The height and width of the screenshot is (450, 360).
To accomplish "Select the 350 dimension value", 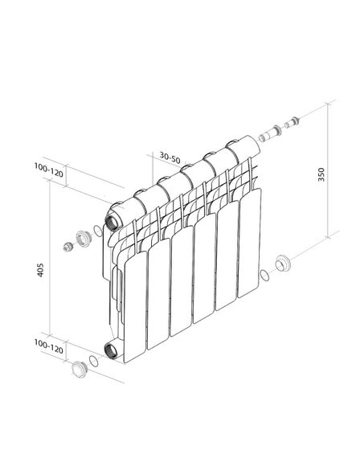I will coord(321,173).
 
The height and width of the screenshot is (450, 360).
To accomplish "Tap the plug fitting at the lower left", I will coord(78,369).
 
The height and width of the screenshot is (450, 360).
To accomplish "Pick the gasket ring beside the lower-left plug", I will coord(93,362).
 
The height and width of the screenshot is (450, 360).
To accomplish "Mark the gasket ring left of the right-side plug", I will coord(264,275).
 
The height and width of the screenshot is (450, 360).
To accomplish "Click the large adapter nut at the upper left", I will coord(81,238).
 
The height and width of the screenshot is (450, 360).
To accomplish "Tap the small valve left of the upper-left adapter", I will coord(67,245).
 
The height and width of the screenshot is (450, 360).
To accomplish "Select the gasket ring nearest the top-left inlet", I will coord(97,233).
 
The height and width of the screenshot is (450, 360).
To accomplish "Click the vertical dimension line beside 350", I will coord(329,173).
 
